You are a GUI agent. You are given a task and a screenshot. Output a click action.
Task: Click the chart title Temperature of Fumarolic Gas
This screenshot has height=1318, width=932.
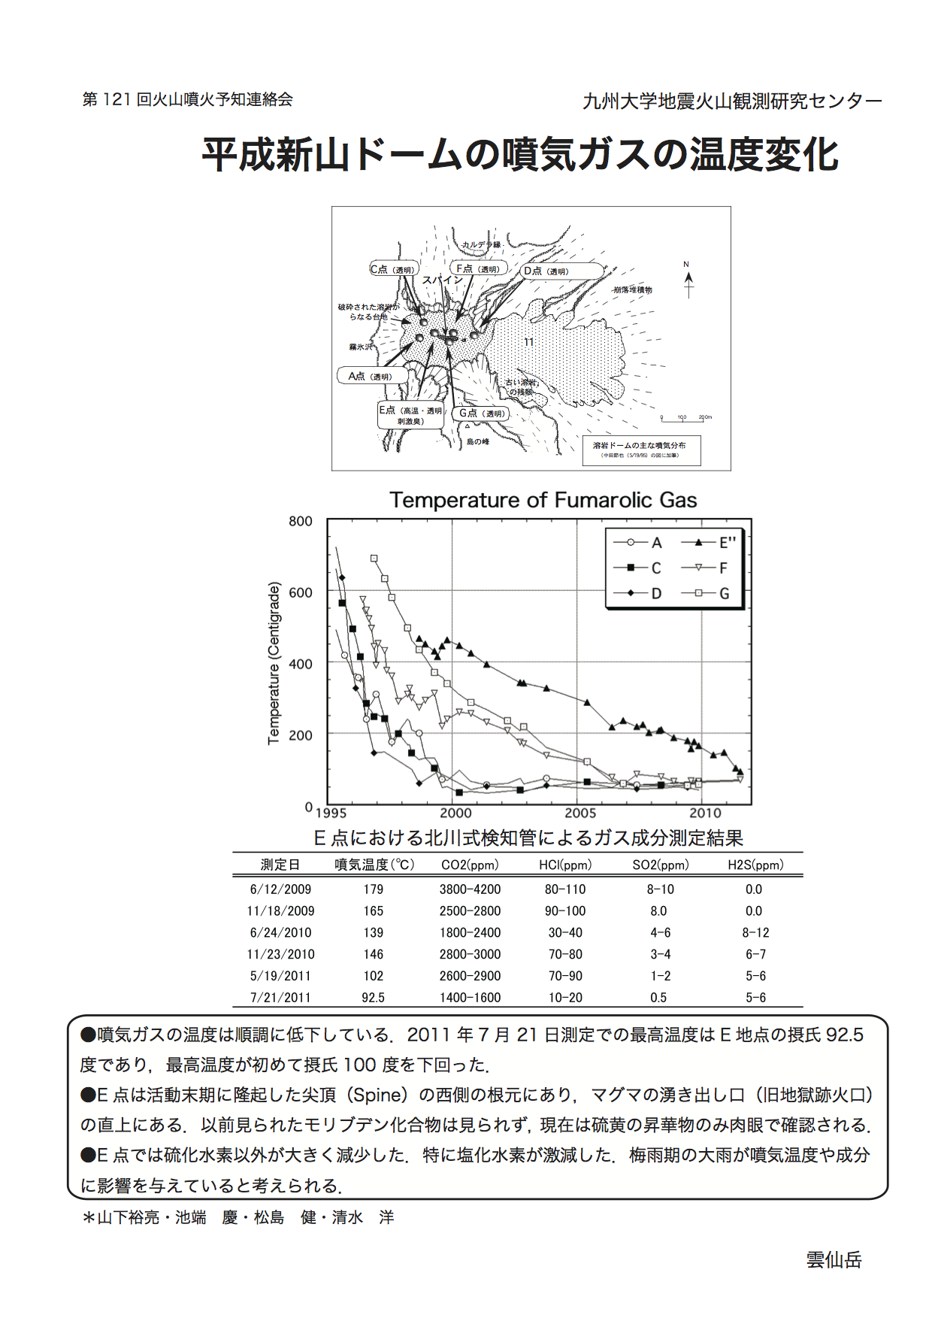[543, 500]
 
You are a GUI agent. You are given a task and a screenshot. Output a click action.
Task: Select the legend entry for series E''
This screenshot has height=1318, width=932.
[710, 543]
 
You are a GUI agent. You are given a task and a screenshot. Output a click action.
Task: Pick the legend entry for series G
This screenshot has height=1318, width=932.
[710, 593]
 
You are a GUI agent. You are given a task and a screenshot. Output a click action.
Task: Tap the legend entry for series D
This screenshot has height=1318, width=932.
[639, 593]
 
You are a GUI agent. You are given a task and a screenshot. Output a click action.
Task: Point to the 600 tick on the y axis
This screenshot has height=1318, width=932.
[301, 592]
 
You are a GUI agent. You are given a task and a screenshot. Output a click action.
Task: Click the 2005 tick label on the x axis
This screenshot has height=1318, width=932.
[579, 813]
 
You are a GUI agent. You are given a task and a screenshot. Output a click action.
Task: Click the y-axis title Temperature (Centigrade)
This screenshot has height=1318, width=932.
[274, 663]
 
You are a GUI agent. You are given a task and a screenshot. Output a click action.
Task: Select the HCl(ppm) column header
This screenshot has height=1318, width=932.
[565, 865]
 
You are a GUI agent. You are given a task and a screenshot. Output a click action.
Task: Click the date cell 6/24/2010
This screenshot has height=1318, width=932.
[280, 932]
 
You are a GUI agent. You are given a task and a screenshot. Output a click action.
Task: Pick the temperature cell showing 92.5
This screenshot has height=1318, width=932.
[373, 998]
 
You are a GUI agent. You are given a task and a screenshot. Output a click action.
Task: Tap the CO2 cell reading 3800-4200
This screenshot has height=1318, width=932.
[470, 889]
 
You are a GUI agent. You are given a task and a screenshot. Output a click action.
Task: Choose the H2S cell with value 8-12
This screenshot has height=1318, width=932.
[755, 932]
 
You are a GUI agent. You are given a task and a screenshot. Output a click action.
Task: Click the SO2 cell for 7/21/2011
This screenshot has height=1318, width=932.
[658, 998]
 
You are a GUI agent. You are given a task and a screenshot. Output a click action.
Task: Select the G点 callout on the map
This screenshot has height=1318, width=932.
[480, 414]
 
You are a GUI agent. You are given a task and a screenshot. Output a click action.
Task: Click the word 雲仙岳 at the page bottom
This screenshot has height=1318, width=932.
[834, 1260]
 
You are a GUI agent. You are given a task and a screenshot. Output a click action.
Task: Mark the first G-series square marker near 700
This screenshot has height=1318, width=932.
[374, 559]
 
